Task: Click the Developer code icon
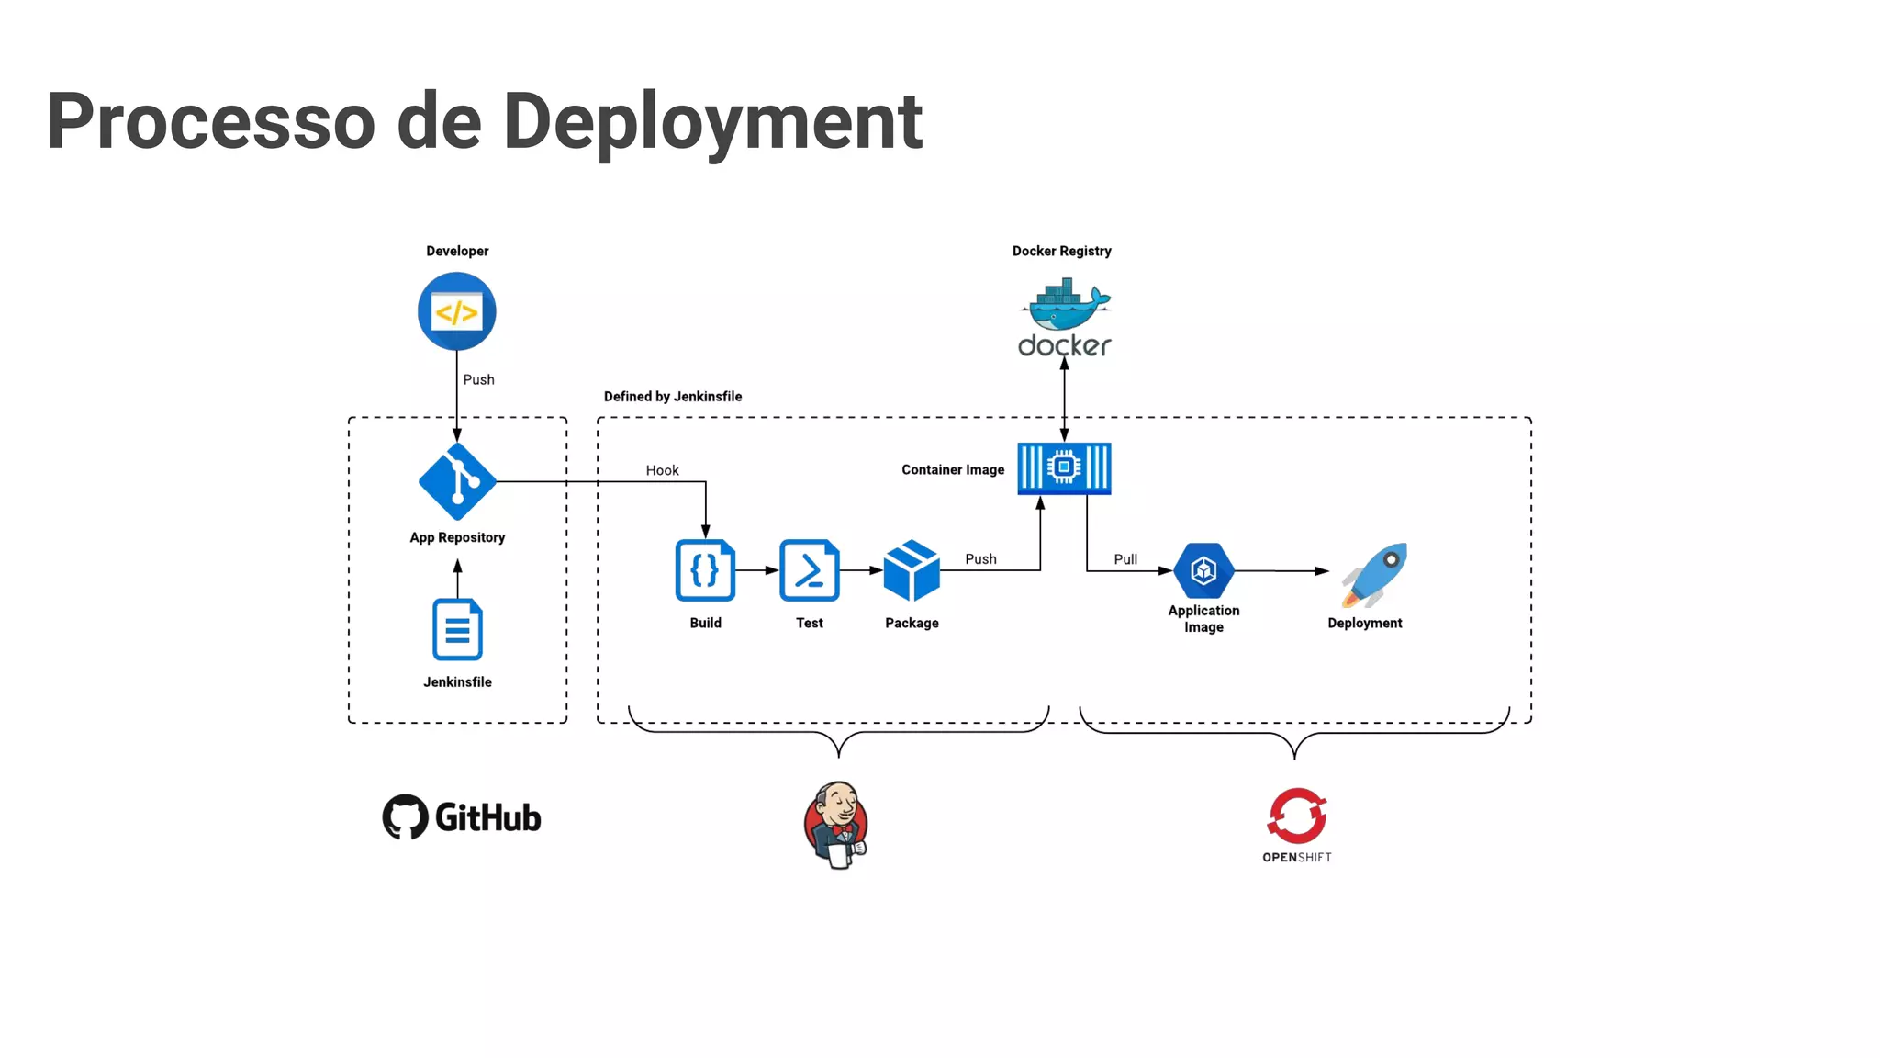coord(456,311)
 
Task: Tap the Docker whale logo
coord(1064,308)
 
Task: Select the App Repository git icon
coord(457,481)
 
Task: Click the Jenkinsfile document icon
coord(457,629)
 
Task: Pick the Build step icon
coord(705,570)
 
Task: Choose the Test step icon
coord(809,570)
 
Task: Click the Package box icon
coord(911,570)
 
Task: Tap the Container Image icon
coord(1064,468)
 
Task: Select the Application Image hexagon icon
coord(1203,570)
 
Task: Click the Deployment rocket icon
coord(1374,575)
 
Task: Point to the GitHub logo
coord(462,816)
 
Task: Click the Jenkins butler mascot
coord(835,824)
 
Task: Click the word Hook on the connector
coord(662,470)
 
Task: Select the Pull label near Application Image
coord(1125,559)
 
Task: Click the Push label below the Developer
coord(478,379)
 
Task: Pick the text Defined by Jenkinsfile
coord(672,397)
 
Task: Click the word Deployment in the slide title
coord(712,121)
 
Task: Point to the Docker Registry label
coord(1061,251)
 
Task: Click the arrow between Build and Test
coord(757,570)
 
